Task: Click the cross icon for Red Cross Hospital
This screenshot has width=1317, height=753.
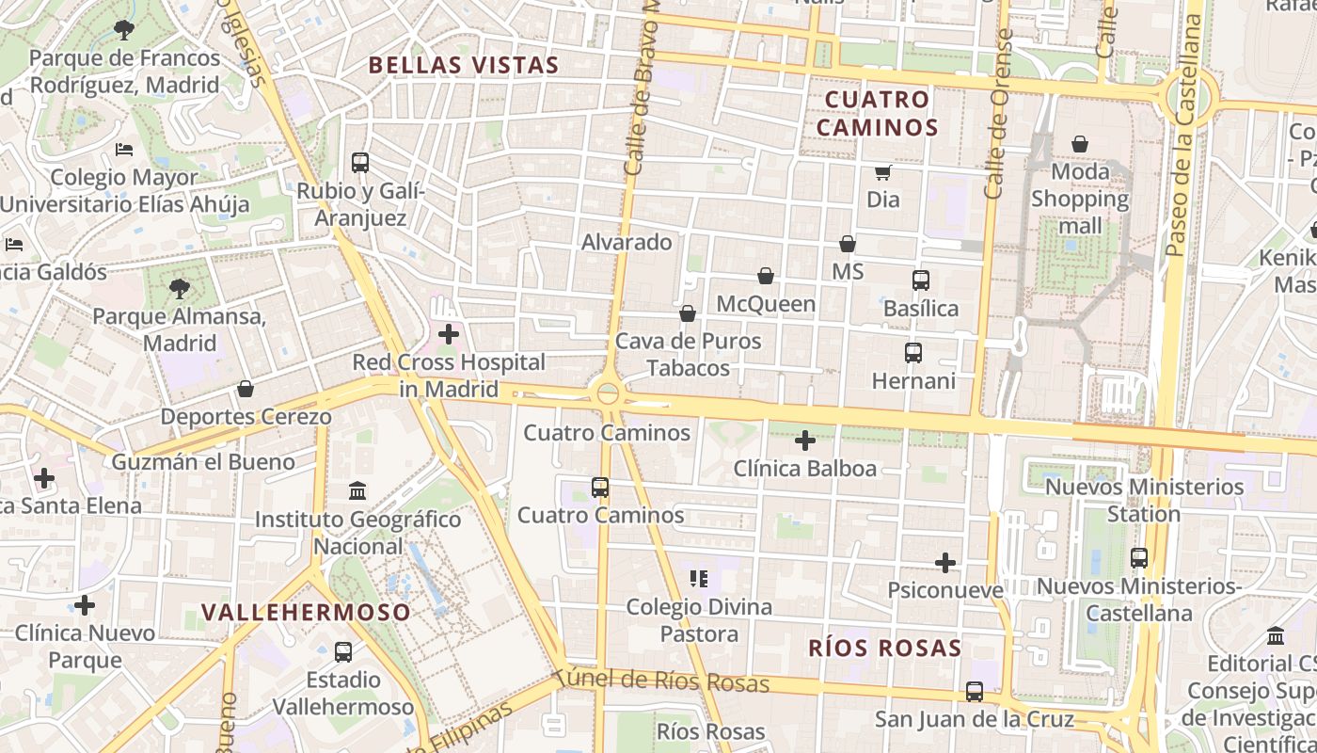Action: click(x=449, y=333)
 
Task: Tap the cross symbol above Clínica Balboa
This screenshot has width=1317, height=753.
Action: click(x=805, y=440)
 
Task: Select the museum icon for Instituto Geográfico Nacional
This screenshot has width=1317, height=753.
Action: click(x=357, y=490)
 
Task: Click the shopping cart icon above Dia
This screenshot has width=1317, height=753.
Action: click(x=883, y=171)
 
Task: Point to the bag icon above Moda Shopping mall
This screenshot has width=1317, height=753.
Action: click(x=1080, y=144)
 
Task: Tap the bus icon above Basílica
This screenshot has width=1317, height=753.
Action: click(x=920, y=280)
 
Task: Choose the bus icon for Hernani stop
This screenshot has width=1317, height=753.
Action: click(x=912, y=352)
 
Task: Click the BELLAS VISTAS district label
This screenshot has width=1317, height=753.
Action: click(x=464, y=65)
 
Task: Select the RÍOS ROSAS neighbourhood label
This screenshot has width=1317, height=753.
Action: click(x=885, y=648)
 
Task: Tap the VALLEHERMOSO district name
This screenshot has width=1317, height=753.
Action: click(x=307, y=613)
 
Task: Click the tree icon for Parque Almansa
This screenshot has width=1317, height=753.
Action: click(x=179, y=288)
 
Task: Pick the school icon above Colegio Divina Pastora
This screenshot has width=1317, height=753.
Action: click(x=698, y=578)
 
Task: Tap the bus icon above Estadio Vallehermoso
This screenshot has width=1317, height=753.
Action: click(x=343, y=651)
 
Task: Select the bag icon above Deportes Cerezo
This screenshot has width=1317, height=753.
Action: click(x=246, y=388)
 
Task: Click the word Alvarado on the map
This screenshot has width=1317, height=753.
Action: click(x=627, y=242)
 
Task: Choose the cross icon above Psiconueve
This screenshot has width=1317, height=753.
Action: click(x=945, y=563)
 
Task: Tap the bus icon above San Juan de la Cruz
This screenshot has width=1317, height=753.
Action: click(x=975, y=691)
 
